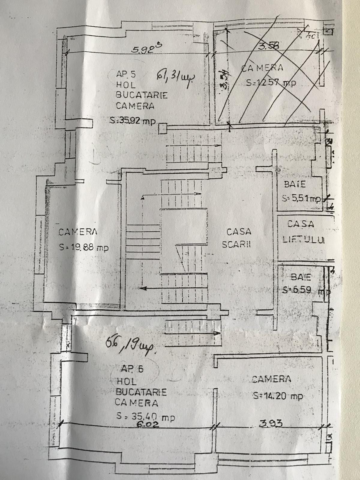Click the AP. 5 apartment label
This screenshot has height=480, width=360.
(x=126, y=74)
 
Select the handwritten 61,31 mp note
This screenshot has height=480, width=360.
(x=175, y=79)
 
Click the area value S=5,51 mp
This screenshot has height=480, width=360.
(x=301, y=198)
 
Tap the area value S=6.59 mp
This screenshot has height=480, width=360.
(x=305, y=290)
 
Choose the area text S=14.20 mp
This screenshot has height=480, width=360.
(x=278, y=396)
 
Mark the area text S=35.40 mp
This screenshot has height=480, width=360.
(x=146, y=416)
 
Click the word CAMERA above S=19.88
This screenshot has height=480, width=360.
(x=78, y=232)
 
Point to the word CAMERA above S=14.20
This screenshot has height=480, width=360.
(x=271, y=379)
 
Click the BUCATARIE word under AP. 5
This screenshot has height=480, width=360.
(x=142, y=95)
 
